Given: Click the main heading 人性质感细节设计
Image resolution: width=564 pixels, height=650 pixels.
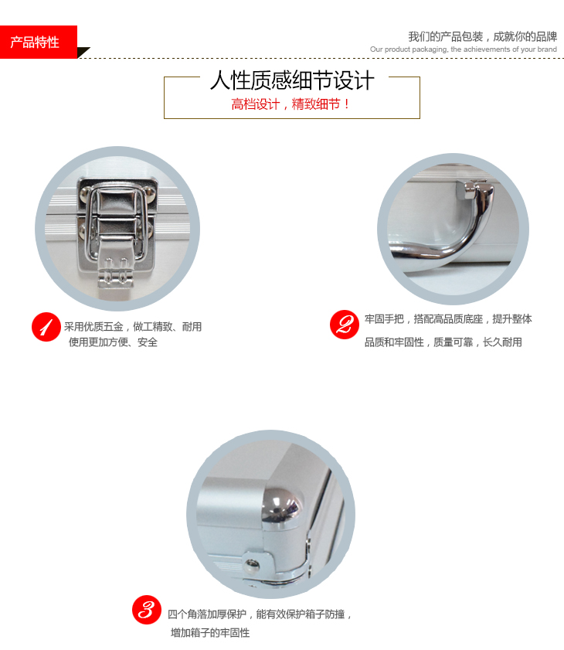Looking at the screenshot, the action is [x=292, y=80].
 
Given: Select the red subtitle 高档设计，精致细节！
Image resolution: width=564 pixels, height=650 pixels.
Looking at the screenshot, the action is [x=291, y=104].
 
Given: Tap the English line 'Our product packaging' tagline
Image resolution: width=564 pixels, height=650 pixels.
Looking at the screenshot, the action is [x=464, y=49].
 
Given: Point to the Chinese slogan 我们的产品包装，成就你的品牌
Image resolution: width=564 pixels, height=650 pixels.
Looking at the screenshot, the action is [x=483, y=36].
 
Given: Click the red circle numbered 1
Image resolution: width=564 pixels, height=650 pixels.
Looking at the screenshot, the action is [x=46, y=327].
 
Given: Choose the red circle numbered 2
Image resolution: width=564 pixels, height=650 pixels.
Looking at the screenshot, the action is [x=345, y=324].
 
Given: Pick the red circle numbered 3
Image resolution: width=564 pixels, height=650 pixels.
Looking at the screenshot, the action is [x=147, y=609].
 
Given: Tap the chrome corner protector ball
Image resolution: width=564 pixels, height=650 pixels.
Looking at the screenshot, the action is [x=281, y=506].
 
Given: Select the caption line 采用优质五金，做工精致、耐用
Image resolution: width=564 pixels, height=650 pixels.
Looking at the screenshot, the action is [x=133, y=327].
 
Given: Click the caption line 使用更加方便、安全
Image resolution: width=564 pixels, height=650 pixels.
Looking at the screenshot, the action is [x=113, y=342].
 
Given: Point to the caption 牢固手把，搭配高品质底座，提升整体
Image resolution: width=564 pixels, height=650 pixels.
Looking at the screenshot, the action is [x=448, y=318].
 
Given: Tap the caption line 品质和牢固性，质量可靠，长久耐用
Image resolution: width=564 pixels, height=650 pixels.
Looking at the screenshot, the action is [x=443, y=342].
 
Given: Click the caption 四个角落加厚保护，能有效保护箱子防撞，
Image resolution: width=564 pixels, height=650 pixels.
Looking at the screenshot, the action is [x=260, y=614].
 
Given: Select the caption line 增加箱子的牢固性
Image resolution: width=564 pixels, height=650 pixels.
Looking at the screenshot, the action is [x=210, y=632].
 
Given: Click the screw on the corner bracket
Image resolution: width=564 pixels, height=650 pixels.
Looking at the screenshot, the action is [x=252, y=563].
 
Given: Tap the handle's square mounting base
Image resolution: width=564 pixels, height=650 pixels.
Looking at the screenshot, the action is [x=467, y=189].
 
